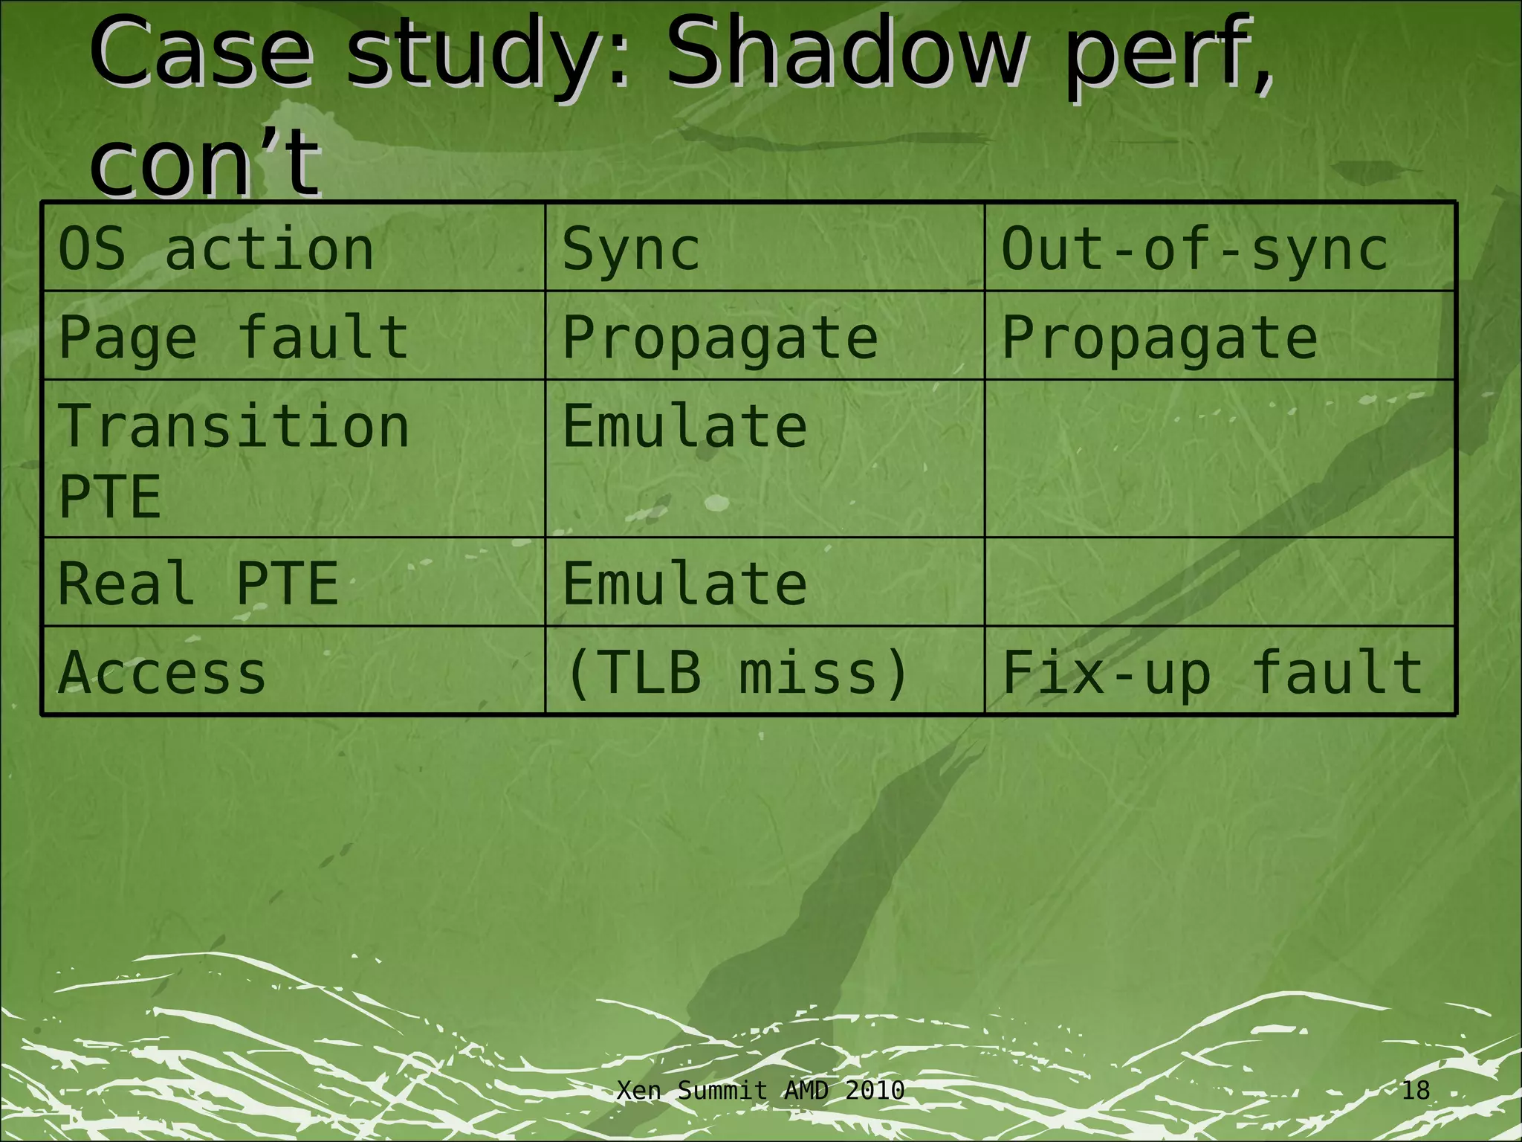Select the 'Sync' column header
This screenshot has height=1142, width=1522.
pyautogui.click(x=631, y=249)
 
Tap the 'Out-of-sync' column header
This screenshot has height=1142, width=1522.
pyautogui.click(x=1194, y=249)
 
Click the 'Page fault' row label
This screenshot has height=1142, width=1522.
pyautogui.click(x=233, y=337)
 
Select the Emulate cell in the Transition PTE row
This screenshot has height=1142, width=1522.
pyautogui.click(x=684, y=427)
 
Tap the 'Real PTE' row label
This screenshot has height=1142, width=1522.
pyautogui.click(x=198, y=583)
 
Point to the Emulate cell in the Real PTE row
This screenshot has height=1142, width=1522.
pyautogui.click(x=684, y=583)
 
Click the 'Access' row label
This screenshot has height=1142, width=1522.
pyautogui.click(x=162, y=672)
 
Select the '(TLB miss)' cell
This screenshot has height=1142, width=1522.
pyautogui.click(x=736, y=672)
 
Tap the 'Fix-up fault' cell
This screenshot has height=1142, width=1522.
pyautogui.click(x=1212, y=672)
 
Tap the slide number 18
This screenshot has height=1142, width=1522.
pyautogui.click(x=1415, y=1091)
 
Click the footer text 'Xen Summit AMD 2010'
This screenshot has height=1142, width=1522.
pyautogui.click(x=761, y=1091)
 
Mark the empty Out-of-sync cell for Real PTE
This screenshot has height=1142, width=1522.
pyautogui.click(x=1219, y=582)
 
